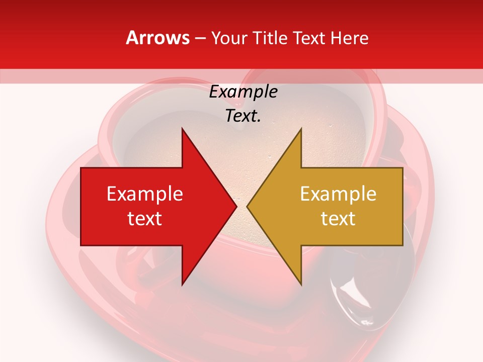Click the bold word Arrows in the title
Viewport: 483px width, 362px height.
coord(158,38)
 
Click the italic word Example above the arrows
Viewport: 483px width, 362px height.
coord(243,92)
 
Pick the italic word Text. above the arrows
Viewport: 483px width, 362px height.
coord(243,116)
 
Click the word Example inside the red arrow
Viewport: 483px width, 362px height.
coord(145,194)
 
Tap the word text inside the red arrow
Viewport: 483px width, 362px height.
coord(145,218)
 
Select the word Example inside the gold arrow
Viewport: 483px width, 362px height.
coord(338,194)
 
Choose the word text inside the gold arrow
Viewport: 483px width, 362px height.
coord(338,218)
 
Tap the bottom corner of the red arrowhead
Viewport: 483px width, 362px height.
coord(183,284)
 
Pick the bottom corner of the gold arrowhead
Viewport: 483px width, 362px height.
coord(301,284)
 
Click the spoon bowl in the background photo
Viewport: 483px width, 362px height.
coord(352,297)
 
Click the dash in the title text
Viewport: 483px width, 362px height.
coord(200,38)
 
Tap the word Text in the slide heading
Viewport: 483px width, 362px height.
coord(307,38)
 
